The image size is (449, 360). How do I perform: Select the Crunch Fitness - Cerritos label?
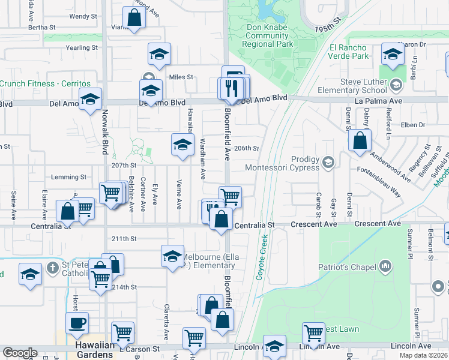45,83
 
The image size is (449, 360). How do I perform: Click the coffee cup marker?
77,323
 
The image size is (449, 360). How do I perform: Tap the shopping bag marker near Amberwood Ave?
360,142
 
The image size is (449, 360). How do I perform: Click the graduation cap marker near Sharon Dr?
393,55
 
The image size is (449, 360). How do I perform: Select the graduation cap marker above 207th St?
182,145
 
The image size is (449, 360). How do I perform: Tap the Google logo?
20,353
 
